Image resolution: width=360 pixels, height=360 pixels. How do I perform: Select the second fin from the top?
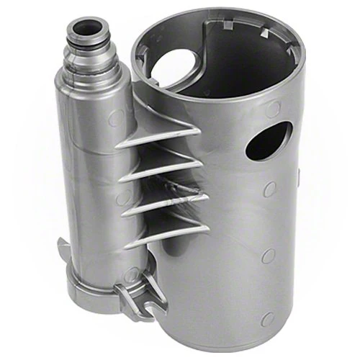pyautogui.click(x=160, y=168)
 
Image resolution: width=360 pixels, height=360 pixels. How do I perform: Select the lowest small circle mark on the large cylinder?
pyautogui.click(x=268, y=318)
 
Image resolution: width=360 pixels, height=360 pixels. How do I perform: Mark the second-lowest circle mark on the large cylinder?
pyautogui.click(x=267, y=256)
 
